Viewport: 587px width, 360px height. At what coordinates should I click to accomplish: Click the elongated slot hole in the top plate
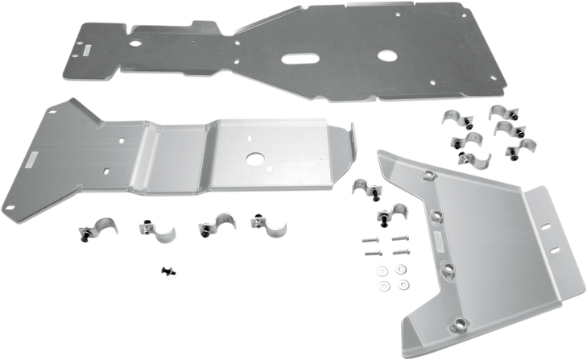click(x=297, y=59)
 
